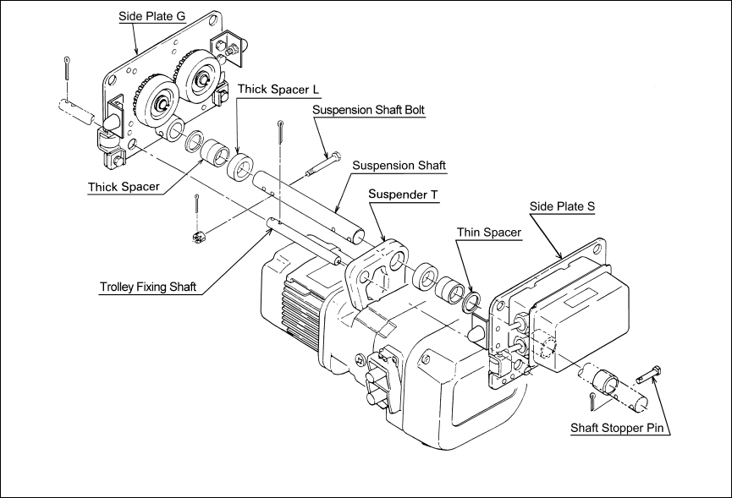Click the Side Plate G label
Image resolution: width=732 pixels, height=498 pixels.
click(x=151, y=16)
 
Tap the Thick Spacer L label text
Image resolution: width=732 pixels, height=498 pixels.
click(x=278, y=90)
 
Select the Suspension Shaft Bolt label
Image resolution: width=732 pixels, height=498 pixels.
click(x=368, y=110)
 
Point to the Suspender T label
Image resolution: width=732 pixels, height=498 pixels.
click(x=404, y=194)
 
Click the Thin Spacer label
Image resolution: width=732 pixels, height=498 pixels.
click(x=489, y=233)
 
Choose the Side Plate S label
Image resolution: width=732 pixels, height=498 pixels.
click(x=562, y=206)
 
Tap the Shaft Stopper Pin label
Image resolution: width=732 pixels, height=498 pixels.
click(x=617, y=428)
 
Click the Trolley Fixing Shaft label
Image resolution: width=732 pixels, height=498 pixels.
click(x=148, y=287)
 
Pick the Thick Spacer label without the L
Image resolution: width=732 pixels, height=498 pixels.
click(x=124, y=187)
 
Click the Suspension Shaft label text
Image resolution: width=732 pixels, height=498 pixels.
click(x=399, y=166)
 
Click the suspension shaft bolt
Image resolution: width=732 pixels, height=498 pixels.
click(x=323, y=164)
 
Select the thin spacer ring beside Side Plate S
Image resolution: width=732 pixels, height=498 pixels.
click(x=471, y=303)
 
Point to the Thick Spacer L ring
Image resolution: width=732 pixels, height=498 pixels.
click(x=241, y=165)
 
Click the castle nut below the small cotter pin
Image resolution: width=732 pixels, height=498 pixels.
click(x=198, y=237)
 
